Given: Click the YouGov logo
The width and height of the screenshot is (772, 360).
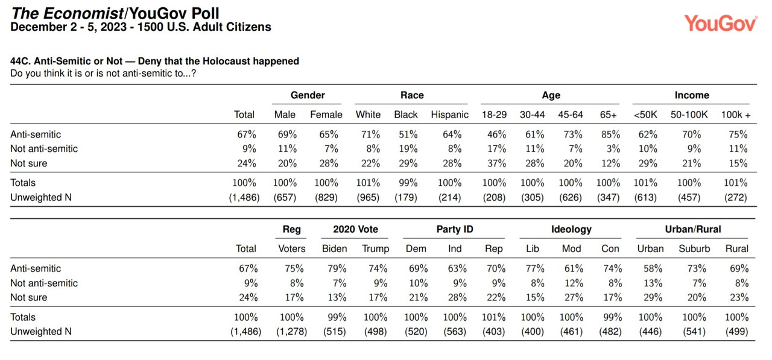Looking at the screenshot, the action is point(721,23).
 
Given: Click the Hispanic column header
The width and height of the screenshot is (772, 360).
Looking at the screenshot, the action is point(449,115).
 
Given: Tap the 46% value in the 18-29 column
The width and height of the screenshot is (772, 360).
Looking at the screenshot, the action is point(496,134).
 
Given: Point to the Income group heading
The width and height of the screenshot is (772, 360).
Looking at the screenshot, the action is point(692,95).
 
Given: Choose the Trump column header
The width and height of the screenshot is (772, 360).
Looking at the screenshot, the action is point(375,248).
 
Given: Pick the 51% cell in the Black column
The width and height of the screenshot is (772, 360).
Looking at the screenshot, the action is point(408,134).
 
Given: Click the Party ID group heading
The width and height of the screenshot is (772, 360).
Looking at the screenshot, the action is point(455,229).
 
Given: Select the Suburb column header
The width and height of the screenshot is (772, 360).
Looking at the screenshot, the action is point(694,248).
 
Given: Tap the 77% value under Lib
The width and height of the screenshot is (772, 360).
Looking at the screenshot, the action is point(535,268).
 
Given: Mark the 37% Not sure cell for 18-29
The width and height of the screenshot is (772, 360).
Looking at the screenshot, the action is point(496,163).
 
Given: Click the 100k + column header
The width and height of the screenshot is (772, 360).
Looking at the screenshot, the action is point(736,115).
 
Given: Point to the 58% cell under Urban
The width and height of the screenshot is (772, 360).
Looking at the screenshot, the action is point(653,268).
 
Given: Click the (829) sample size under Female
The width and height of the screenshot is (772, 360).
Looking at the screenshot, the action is point(326,197).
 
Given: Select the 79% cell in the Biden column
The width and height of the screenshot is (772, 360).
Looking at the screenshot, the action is point(337,268).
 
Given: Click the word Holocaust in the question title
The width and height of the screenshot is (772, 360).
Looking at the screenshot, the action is point(226,62).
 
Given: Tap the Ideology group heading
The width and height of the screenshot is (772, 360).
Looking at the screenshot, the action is point(571,229).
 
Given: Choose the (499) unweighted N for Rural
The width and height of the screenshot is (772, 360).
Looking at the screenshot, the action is point(736,332).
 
